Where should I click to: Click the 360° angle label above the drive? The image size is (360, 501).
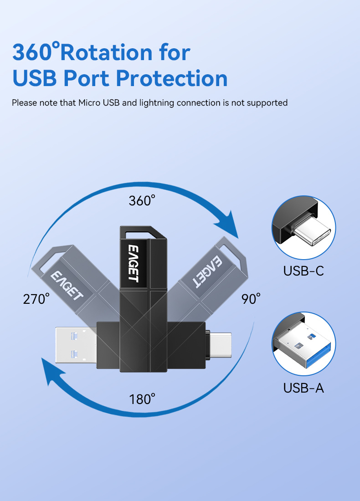coord(142,201)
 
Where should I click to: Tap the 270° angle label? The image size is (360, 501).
coord(36,299)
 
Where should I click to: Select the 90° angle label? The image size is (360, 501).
coord(251,299)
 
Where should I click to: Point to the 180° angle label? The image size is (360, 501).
coord(142,399)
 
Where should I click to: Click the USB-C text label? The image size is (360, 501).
coord(303,271)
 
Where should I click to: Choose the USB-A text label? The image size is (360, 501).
coord(303,388)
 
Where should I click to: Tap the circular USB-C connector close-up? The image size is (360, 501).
coord(304,227)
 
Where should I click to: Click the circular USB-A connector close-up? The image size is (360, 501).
coord(304,344)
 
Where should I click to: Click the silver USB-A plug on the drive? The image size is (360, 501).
coord(76,345)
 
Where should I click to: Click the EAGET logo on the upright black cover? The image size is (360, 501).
coord(134,263)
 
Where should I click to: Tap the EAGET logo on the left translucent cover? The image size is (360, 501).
coord(67,285)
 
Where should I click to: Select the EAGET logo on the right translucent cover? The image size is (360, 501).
coord(207,272)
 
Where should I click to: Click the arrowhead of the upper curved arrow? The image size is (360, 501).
coord(229,225)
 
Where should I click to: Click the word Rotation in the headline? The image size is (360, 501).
coord(107,52)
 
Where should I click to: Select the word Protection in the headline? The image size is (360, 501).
coord(172,78)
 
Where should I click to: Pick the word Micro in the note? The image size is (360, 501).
coord(89,102)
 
